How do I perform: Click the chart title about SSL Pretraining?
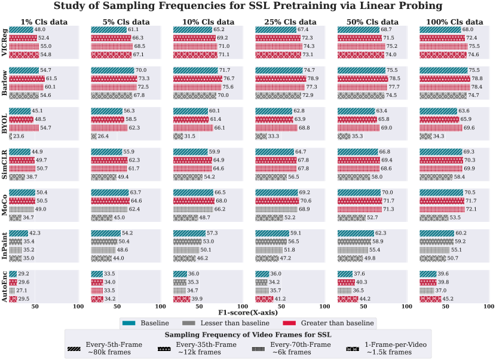point(248,7)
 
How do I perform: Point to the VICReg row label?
point(5,43)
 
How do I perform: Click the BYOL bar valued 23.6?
point(11,136)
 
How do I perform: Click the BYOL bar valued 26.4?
point(94,136)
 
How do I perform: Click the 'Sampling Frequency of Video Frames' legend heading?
point(247,335)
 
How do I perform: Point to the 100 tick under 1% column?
point(78,307)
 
